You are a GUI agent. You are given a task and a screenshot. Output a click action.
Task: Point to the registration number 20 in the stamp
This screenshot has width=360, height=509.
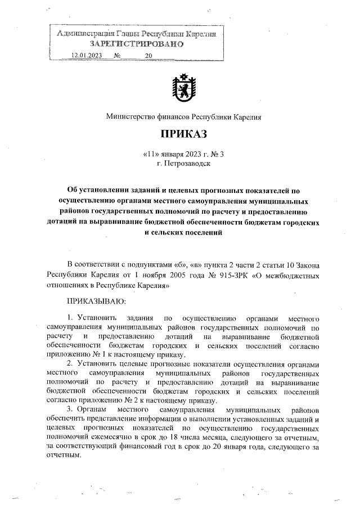[x=148, y=56]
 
